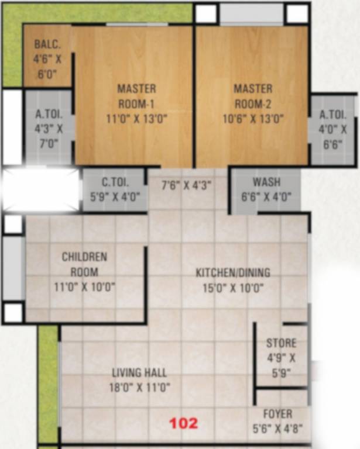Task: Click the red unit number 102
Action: (x=184, y=423)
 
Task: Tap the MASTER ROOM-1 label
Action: (x=137, y=96)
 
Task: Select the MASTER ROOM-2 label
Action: (x=253, y=96)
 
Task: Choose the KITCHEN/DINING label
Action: (x=233, y=272)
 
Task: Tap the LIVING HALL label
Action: (x=139, y=372)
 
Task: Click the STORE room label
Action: (x=281, y=343)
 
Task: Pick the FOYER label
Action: (x=277, y=415)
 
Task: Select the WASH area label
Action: (x=266, y=182)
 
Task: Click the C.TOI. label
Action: (x=115, y=182)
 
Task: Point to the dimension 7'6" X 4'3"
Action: (x=186, y=185)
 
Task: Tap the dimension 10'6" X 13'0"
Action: (x=253, y=119)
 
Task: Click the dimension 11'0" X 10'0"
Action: (x=85, y=287)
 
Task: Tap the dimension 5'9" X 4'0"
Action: (x=115, y=197)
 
